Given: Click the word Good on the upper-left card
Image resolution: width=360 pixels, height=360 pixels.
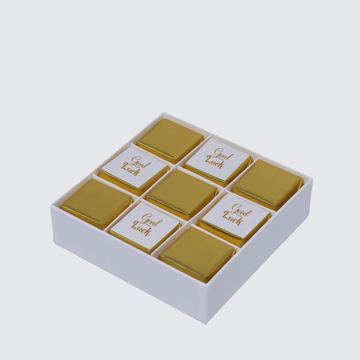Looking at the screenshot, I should [137, 162].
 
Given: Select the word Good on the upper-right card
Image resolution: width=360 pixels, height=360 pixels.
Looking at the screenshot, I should [223, 154].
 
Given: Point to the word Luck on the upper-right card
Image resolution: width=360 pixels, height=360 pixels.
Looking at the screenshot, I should [214, 162].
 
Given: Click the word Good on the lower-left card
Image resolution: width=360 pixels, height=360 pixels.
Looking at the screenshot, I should [152, 219].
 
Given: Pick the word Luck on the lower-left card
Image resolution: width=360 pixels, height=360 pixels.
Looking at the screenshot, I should [142, 230].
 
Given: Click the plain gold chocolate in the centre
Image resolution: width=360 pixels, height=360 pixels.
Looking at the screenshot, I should [181, 193].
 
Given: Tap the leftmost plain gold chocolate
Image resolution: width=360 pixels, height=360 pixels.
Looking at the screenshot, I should [97, 202].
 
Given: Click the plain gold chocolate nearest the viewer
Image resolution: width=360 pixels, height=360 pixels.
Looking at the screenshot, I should [197, 254].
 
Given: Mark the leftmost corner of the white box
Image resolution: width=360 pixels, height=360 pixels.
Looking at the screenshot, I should [52, 207].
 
